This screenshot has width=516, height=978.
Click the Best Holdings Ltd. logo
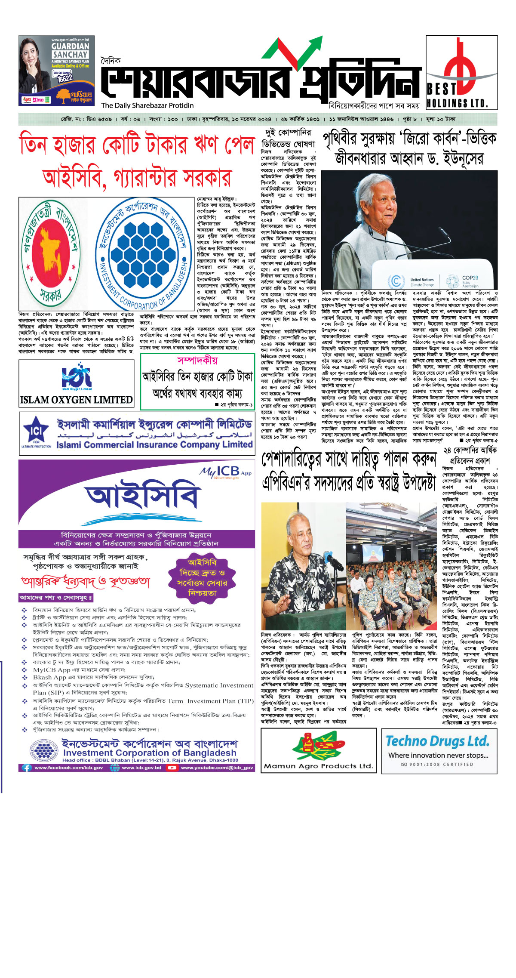461,72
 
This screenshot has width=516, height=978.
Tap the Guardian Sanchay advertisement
56,71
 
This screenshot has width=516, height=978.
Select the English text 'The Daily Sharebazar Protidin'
147,105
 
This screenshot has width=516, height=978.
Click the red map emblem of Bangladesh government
51,250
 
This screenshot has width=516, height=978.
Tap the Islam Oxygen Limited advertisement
77,384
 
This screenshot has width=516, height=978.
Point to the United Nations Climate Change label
422,282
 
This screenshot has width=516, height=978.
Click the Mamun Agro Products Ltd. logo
318,750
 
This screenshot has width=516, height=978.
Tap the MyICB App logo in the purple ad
225,472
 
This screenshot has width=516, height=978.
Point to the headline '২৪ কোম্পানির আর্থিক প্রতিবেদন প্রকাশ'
470,455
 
